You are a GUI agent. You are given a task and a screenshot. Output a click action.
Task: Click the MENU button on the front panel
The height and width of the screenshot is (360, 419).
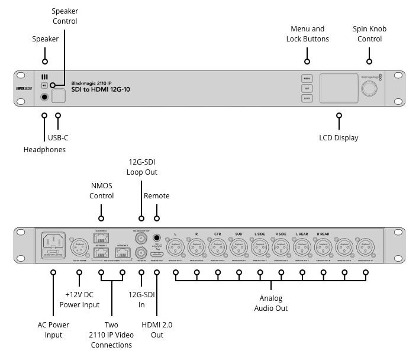[307, 78]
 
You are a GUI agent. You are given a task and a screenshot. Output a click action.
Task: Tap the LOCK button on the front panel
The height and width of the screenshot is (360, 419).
[307, 98]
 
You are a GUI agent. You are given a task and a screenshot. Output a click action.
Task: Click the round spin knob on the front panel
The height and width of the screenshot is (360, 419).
[370, 89]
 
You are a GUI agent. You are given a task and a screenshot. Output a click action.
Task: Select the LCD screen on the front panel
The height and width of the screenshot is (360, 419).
[338, 89]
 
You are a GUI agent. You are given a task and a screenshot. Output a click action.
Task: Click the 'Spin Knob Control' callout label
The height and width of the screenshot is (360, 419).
[370, 34]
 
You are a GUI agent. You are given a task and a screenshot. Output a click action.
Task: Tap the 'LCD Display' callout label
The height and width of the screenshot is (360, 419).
[339, 138]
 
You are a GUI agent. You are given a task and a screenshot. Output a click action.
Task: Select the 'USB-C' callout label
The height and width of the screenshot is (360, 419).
[59, 138]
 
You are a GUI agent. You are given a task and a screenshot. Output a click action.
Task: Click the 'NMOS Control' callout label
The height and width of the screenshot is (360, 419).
[102, 191]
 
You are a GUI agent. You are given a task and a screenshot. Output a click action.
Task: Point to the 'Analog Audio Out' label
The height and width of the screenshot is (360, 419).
[270, 303]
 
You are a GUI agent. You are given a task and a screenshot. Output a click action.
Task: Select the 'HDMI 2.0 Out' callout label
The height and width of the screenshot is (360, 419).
[157, 330]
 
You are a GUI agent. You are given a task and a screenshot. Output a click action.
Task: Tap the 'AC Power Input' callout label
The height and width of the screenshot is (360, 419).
[53, 330]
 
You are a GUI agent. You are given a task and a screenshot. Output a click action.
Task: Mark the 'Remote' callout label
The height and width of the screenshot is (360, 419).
[157, 196]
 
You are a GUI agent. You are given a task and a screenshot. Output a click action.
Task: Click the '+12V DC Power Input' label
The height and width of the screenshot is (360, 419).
[79, 300]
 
